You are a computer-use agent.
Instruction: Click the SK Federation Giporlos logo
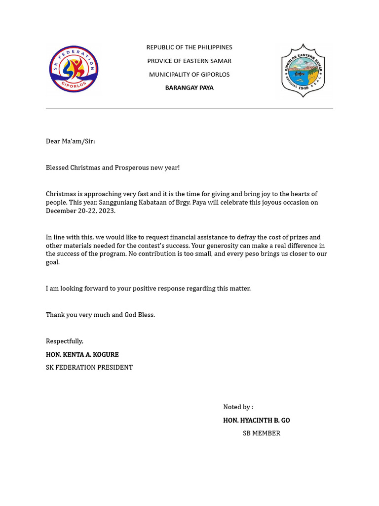(74, 69)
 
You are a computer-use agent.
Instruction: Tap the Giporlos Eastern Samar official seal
(303, 70)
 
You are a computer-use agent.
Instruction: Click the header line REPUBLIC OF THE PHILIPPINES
(189, 47)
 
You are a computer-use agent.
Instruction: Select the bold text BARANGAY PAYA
(189, 88)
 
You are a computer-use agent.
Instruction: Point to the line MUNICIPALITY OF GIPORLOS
(189, 75)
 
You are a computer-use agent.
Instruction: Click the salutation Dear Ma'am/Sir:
(70, 141)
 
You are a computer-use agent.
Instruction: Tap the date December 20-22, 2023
(80, 211)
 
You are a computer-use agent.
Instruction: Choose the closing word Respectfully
(65, 341)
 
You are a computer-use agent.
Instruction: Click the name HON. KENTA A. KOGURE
(82, 355)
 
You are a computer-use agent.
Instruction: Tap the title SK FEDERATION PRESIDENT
(89, 368)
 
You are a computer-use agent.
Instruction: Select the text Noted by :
(238, 407)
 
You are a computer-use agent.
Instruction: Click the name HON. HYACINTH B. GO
(256, 421)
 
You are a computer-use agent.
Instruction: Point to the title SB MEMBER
(261, 433)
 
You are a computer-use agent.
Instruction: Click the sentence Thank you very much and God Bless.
(100, 315)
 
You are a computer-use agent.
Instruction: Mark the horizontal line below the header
(189, 109)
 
